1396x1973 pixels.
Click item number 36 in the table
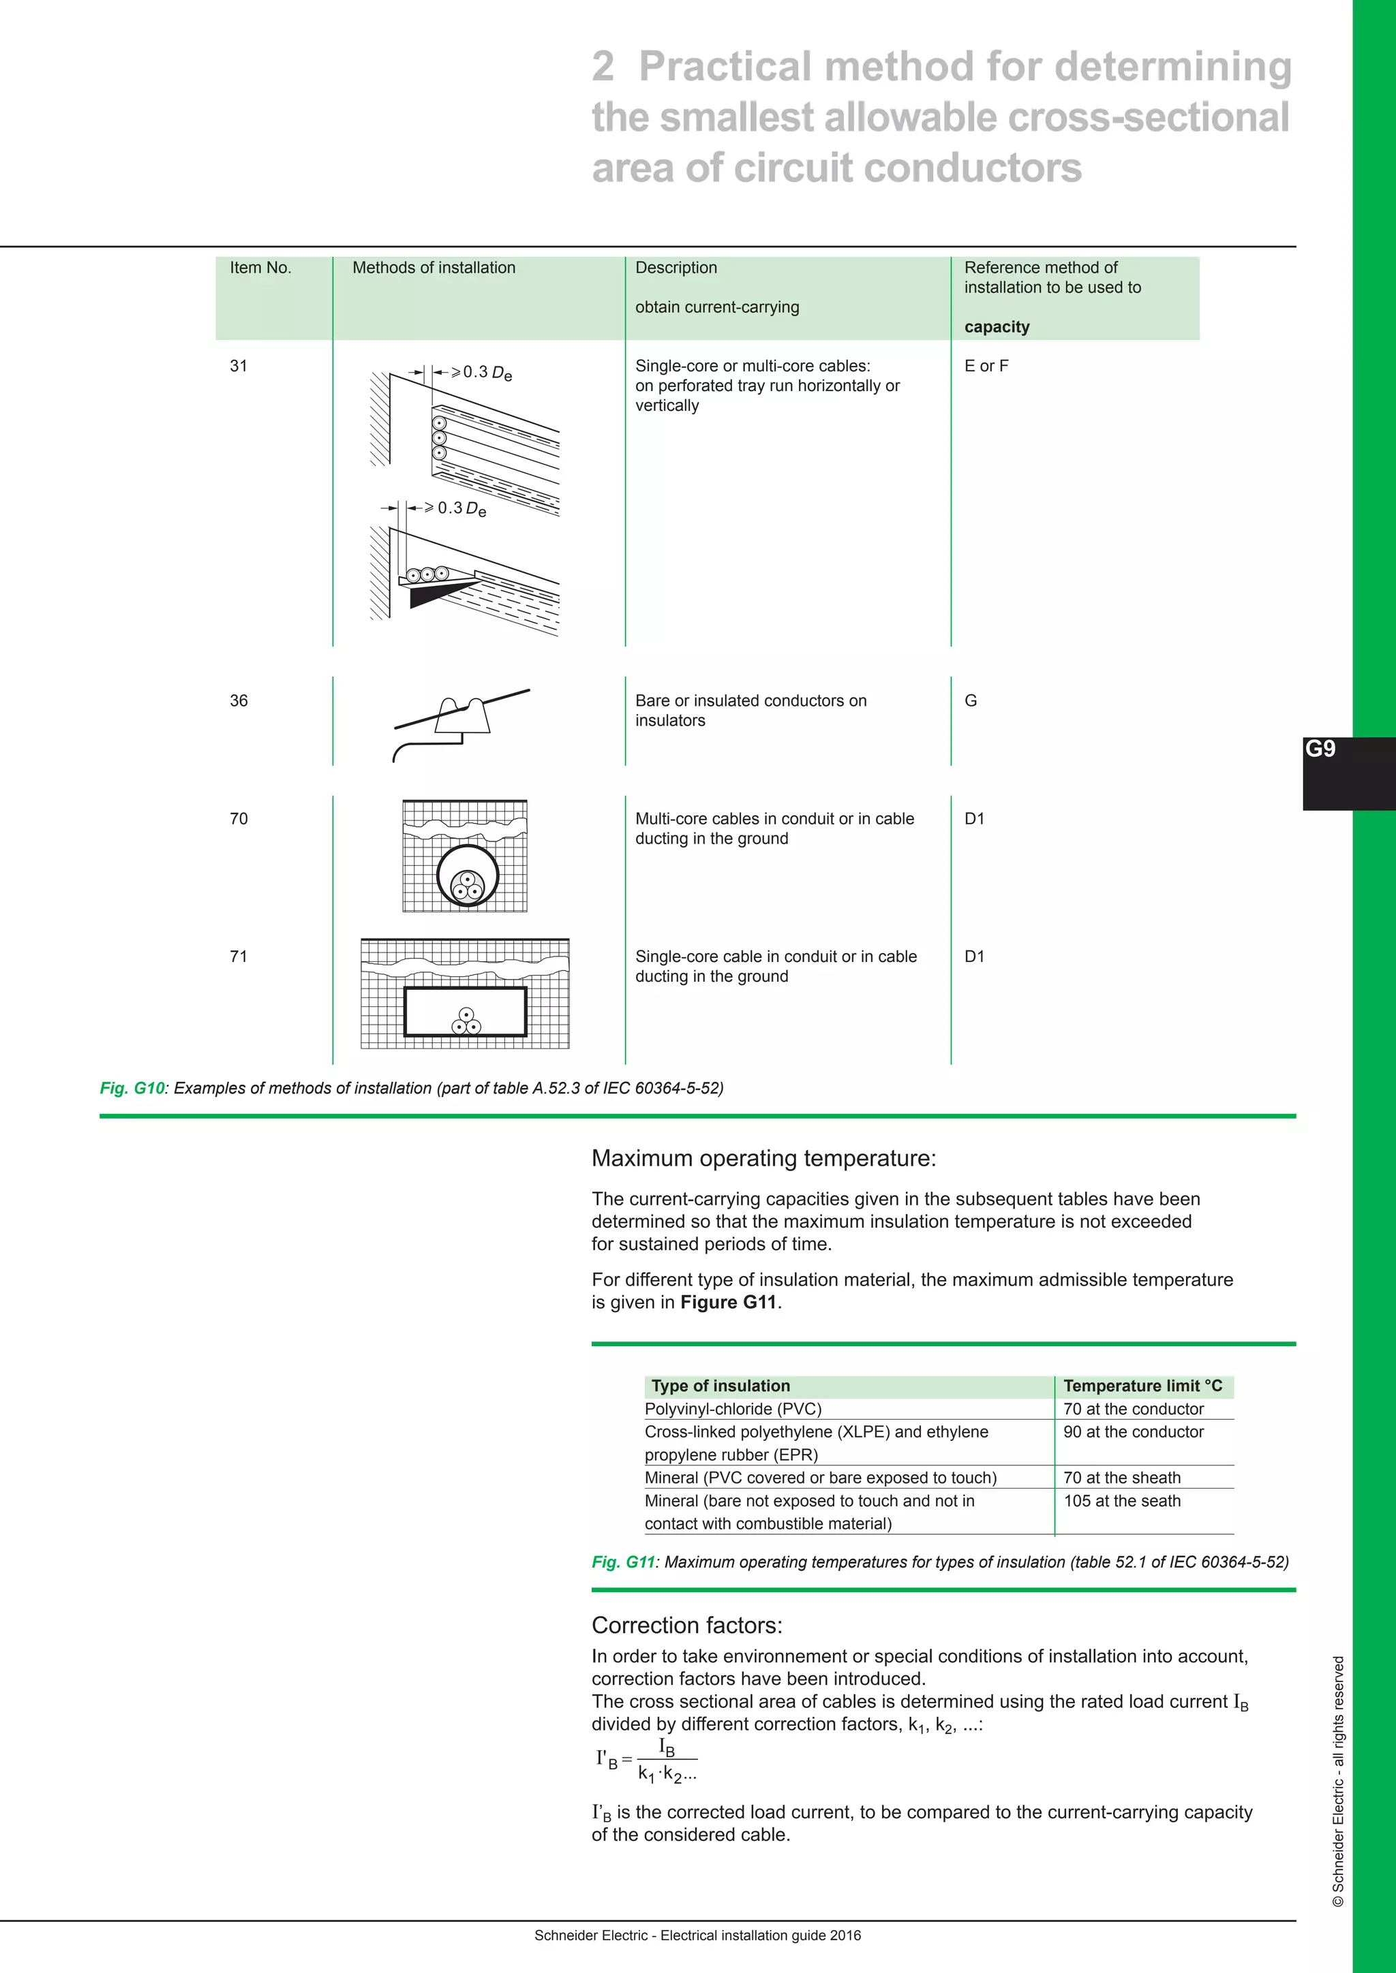pos(238,700)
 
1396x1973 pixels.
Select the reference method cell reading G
pos(971,700)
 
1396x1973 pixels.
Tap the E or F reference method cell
pos(986,365)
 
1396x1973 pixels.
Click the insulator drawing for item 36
pos(462,717)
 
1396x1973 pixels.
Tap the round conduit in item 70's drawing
pos(468,875)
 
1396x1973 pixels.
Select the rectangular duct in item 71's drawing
pos(465,1012)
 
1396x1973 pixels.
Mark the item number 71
pos(238,957)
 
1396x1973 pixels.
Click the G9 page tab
pos(1321,749)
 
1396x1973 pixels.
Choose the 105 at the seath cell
pos(1122,1500)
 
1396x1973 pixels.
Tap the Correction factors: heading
pos(687,1625)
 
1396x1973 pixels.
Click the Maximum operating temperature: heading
pos(763,1158)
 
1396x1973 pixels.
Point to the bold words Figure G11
pos(728,1302)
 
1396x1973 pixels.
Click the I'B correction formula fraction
pos(666,1760)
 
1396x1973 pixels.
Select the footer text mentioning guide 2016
pos(697,1936)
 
